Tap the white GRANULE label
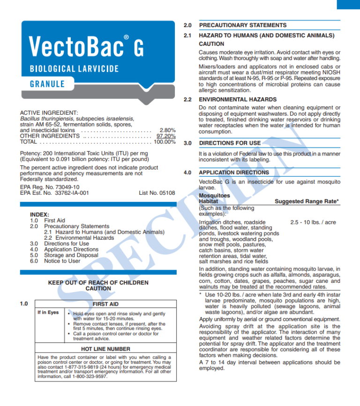(47, 84)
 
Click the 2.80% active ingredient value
(167, 130)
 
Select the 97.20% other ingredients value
(166, 136)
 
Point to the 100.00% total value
(165, 141)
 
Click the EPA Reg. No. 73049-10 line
(50, 187)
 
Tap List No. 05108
(157, 192)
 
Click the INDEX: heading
(39, 214)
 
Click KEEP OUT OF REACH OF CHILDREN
(98, 283)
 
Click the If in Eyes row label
(48, 313)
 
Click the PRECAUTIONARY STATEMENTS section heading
(242, 25)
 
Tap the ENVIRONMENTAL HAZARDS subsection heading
(238, 100)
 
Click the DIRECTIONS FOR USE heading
(230, 143)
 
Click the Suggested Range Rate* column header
(307, 201)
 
